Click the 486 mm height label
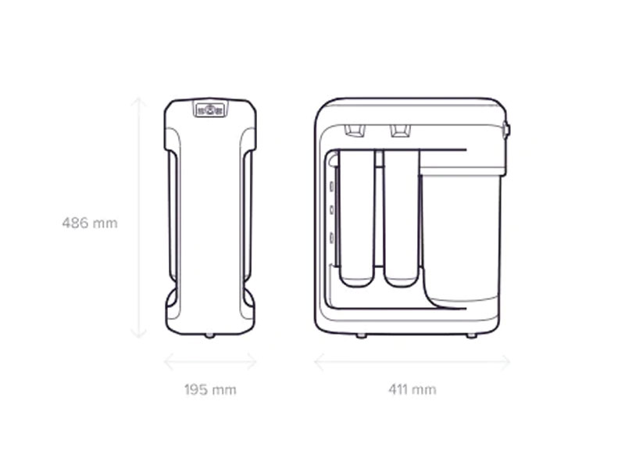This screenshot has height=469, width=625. tap(90, 223)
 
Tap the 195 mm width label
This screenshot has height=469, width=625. tap(210, 389)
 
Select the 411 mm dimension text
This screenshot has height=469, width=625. tap(412, 389)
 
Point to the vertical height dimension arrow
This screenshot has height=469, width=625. tap(139, 218)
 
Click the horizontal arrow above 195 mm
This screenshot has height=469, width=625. tap(210, 362)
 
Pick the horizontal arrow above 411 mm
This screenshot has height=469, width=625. tap(412, 362)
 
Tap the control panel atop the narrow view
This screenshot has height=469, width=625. tap(210, 109)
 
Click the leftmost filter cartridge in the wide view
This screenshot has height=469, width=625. tap(357, 218)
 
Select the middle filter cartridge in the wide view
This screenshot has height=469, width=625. tap(401, 218)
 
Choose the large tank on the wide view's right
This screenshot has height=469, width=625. tap(461, 235)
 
